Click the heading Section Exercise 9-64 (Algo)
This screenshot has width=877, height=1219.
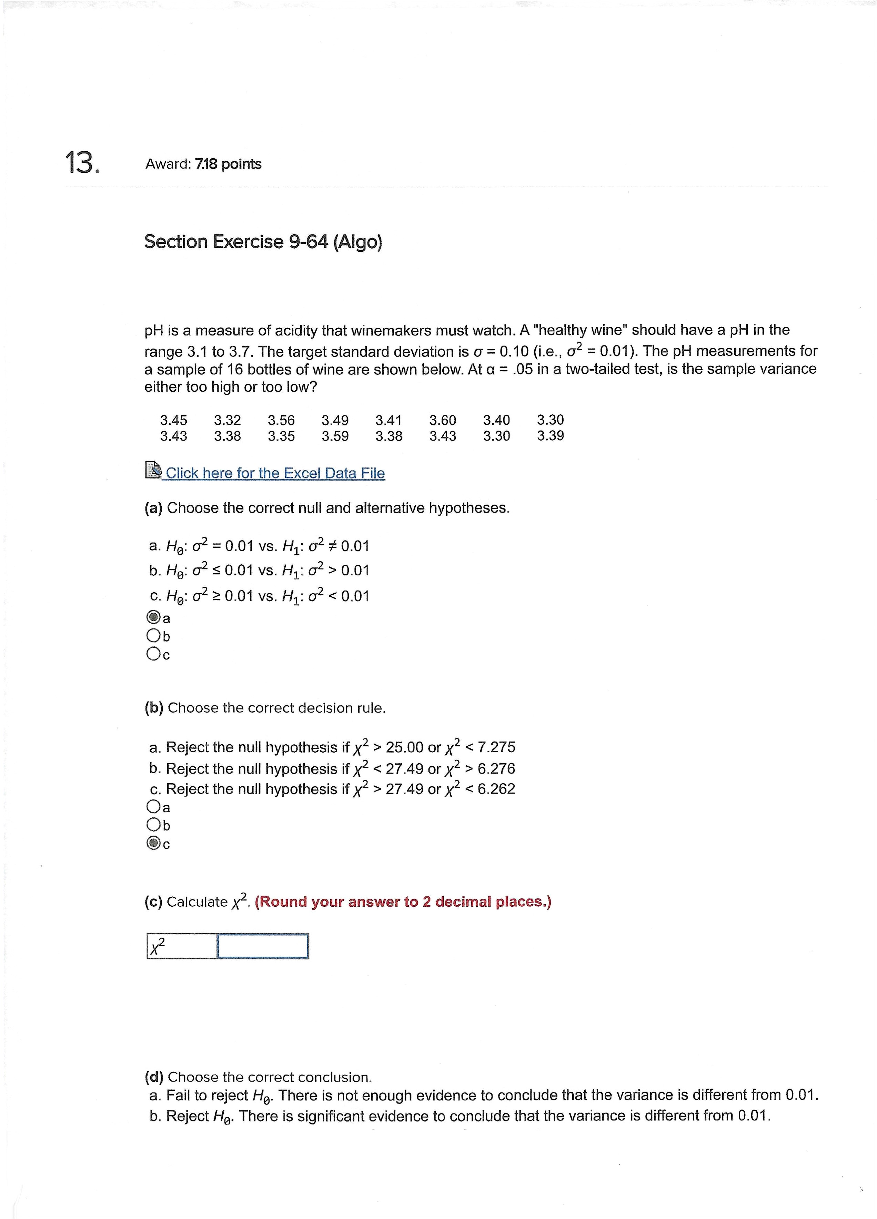[x=263, y=242]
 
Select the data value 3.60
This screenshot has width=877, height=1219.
[x=442, y=420]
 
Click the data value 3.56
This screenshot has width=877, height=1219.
[x=281, y=420]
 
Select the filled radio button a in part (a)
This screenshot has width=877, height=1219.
[x=153, y=617]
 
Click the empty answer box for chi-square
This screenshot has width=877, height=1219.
[x=262, y=946]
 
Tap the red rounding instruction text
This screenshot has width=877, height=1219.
[x=403, y=901]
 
